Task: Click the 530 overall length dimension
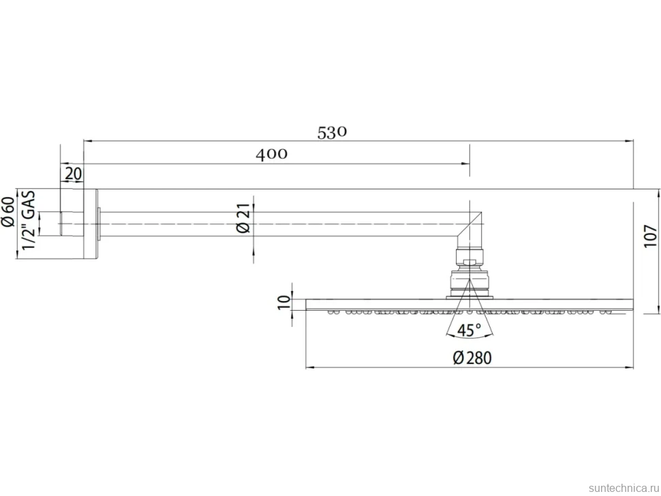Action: tap(332, 132)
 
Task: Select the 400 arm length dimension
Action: tap(271, 154)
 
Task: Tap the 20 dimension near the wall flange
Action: tap(74, 173)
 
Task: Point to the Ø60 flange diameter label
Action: tap(8, 212)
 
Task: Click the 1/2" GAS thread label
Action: tap(28, 219)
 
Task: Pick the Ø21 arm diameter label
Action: tap(243, 218)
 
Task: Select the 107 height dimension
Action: tap(651, 236)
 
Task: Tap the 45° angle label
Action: tap(470, 330)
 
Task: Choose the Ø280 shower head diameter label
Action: tap(472, 358)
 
